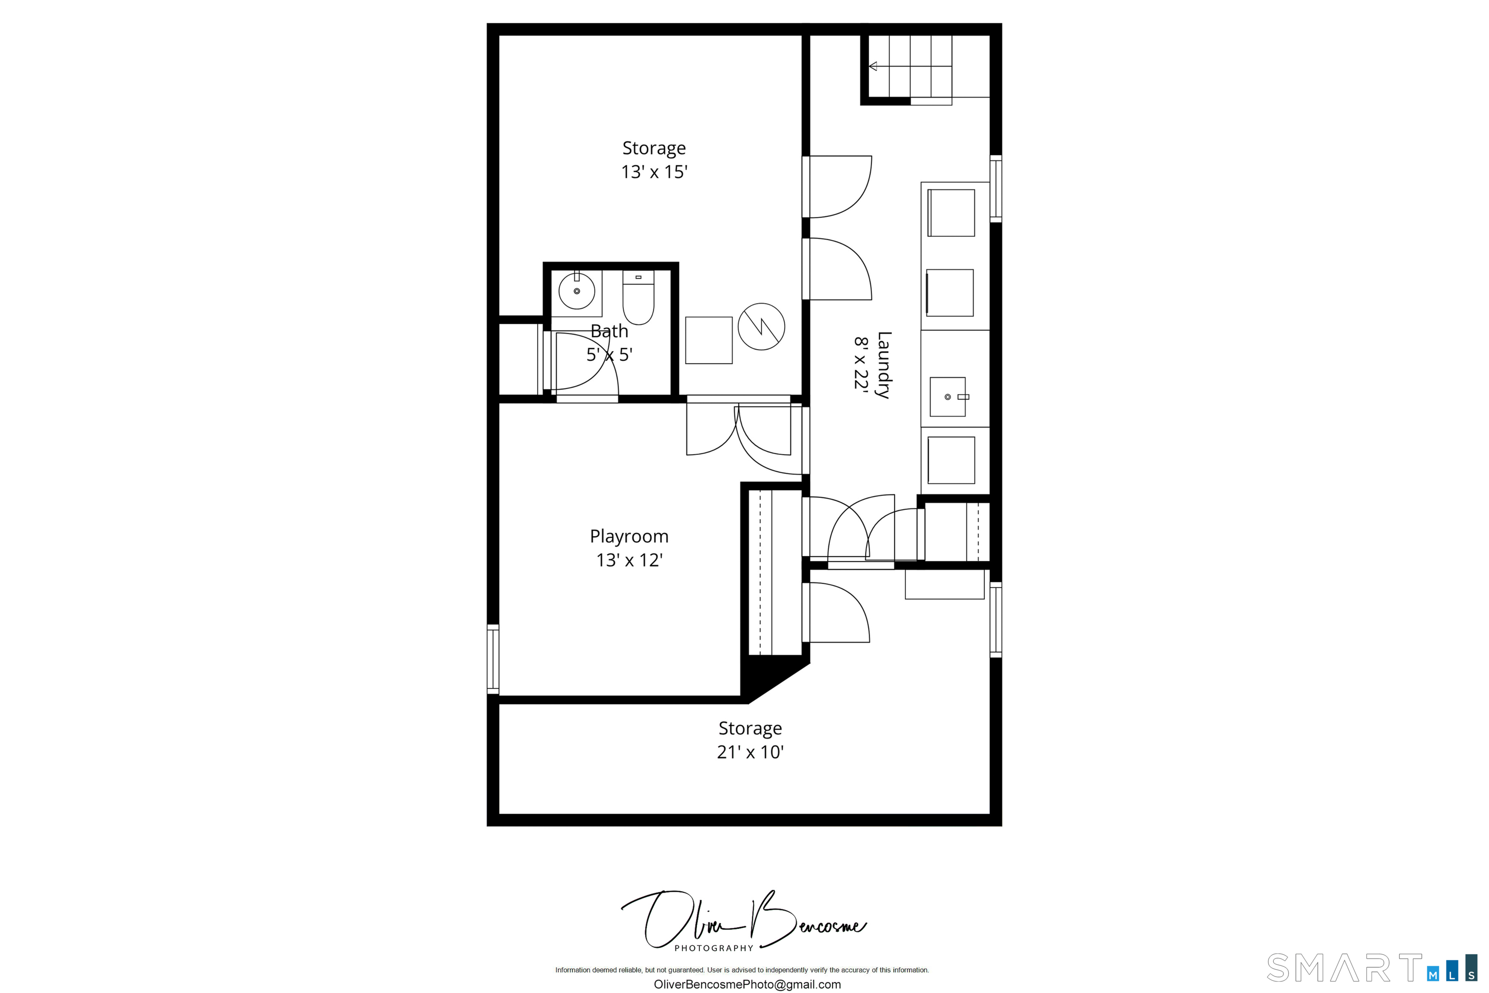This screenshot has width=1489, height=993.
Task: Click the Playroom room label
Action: point(629,536)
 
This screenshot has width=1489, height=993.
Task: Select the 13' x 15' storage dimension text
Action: point(654,172)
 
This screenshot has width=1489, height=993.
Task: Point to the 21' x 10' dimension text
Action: point(750,752)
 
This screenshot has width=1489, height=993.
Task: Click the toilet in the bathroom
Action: point(638,297)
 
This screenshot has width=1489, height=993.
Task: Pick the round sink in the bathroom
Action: point(577,291)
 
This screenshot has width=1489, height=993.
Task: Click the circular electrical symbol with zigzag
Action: point(761,327)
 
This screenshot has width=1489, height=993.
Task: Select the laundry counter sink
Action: point(948,397)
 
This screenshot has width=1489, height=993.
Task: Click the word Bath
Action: point(609,331)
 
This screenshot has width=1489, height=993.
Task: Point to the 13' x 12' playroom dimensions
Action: point(629,560)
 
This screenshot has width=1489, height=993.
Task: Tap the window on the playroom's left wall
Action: point(492,659)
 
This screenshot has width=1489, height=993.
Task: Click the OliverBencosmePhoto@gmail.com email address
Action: point(747,985)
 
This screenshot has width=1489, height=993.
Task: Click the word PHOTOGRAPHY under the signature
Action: point(713,948)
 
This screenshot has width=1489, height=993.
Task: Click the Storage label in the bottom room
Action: point(750,728)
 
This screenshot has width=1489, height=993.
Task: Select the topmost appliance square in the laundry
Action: point(951,213)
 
